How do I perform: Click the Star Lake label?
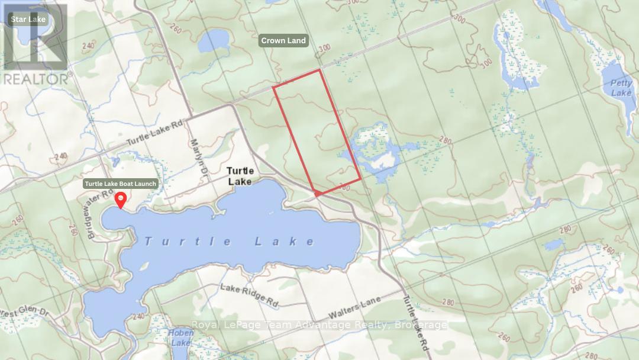(28, 20)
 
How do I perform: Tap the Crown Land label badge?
(283, 40)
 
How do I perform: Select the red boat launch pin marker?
(121, 200)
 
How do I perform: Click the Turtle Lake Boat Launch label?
(121, 184)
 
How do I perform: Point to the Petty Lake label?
(621, 88)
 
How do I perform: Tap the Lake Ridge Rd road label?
(249, 295)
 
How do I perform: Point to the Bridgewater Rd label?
(96, 207)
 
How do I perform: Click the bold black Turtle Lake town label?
(240, 176)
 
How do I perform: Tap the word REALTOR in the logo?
(35, 79)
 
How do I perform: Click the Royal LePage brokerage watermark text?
(319, 324)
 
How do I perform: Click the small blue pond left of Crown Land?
(214, 41)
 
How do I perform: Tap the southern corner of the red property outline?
(317, 194)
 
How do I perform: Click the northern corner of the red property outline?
(319, 70)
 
